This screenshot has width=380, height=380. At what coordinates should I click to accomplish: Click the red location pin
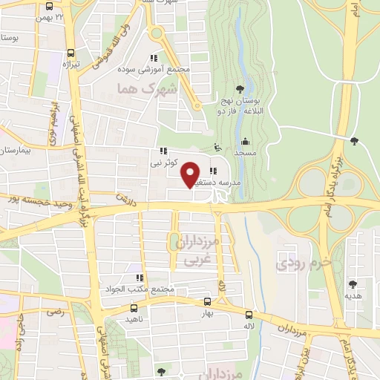[191, 173]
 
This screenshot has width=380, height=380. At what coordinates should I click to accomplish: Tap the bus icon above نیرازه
[71, 53]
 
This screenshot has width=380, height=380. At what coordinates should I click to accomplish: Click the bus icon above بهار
[207, 302]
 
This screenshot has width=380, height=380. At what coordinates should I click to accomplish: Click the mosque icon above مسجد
[246, 141]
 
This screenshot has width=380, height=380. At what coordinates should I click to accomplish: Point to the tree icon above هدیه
[353, 284]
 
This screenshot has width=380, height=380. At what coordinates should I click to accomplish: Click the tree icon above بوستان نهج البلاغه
[238, 89]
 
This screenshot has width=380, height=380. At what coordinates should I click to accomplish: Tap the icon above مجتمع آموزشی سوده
[154, 58]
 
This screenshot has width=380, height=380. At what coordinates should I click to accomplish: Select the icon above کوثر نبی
[163, 150]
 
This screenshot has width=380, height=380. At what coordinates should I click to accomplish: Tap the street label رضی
[56, 312]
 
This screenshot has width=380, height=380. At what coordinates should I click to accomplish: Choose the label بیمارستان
[15, 151]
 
